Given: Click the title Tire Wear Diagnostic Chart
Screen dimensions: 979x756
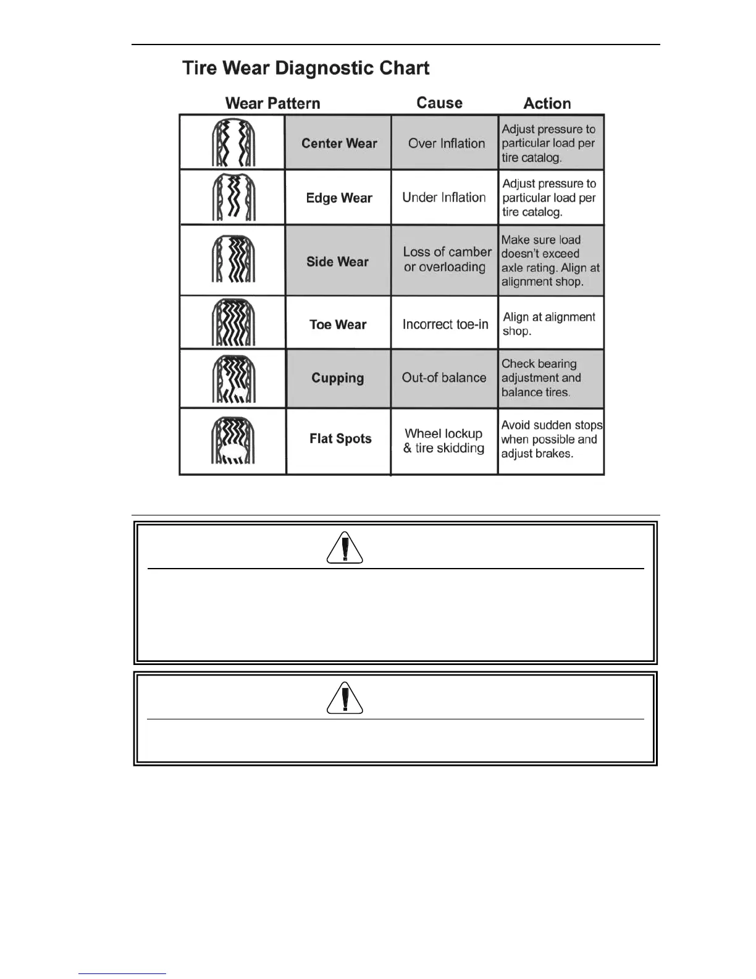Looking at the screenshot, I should pyautogui.click(x=306, y=68).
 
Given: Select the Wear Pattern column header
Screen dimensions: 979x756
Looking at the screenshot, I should pyautogui.click(x=272, y=103).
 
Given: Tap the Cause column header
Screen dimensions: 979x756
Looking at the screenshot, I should pyautogui.click(x=439, y=103).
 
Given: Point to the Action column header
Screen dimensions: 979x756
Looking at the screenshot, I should pyautogui.click(x=547, y=103).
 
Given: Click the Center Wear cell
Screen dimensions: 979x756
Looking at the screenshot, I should pyautogui.click(x=339, y=143).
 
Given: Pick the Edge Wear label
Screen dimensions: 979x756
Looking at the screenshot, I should pyautogui.click(x=339, y=198).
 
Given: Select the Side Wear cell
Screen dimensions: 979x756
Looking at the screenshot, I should pyautogui.click(x=337, y=261).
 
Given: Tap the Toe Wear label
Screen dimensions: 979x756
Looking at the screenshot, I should pyautogui.click(x=338, y=324).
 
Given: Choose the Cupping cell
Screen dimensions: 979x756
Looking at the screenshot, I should pyautogui.click(x=337, y=378).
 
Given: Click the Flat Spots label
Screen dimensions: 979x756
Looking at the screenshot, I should pyautogui.click(x=340, y=439).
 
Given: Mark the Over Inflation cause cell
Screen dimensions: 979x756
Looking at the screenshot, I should pyautogui.click(x=447, y=143).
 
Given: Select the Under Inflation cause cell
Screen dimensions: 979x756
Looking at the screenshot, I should pyautogui.click(x=444, y=198).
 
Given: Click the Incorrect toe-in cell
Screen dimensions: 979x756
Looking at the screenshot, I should pyautogui.click(x=445, y=324).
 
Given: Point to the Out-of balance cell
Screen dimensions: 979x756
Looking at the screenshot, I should pyautogui.click(x=444, y=378).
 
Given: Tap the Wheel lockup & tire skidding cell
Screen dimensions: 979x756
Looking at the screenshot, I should pyautogui.click(x=444, y=441).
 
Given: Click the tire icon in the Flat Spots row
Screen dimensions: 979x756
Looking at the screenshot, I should pyautogui.click(x=233, y=441).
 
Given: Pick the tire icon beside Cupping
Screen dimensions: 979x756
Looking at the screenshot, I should pyautogui.click(x=233, y=379).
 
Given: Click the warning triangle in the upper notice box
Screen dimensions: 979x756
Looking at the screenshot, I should pyautogui.click(x=345, y=548).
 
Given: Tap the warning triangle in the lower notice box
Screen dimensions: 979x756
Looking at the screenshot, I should pyautogui.click(x=345, y=698).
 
